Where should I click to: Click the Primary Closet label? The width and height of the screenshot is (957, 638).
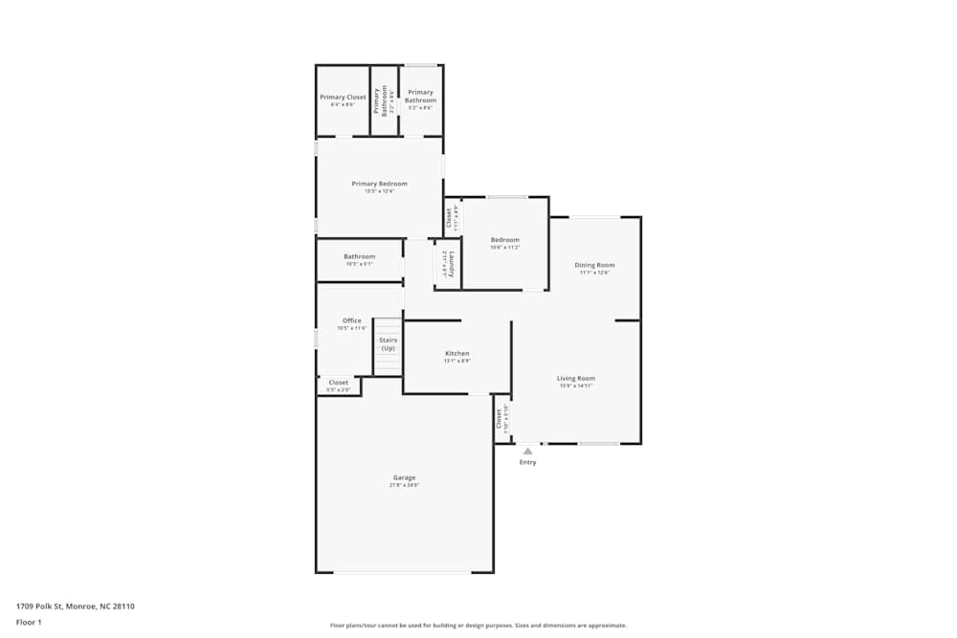click(x=343, y=98)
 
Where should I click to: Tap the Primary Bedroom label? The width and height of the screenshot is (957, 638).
click(x=379, y=184)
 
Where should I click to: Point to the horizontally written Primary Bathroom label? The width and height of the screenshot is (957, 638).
click(x=420, y=97)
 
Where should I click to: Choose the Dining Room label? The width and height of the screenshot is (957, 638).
click(x=594, y=265)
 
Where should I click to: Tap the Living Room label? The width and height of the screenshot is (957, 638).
click(x=576, y=379)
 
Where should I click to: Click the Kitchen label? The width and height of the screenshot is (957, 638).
click(x=456, y=354)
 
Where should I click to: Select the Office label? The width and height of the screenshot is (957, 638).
click(x=351, y=320)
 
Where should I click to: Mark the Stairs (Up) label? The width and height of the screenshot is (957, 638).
click(x=388, y=344)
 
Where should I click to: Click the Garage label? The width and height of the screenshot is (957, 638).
click(x=404, y=477)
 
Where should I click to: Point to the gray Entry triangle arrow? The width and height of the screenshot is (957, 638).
click(x=527, y=451)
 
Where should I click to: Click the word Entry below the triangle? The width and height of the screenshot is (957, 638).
click(x=527, y=463)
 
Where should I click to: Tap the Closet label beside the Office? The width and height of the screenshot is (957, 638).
click(x=338, y=383)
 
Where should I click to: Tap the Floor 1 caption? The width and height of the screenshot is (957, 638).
click(x=29, y=623)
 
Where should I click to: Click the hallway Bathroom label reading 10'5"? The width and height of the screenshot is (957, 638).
click(x=360, y=256)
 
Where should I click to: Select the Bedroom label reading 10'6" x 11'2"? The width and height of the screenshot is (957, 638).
click(x=504, y=240)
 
